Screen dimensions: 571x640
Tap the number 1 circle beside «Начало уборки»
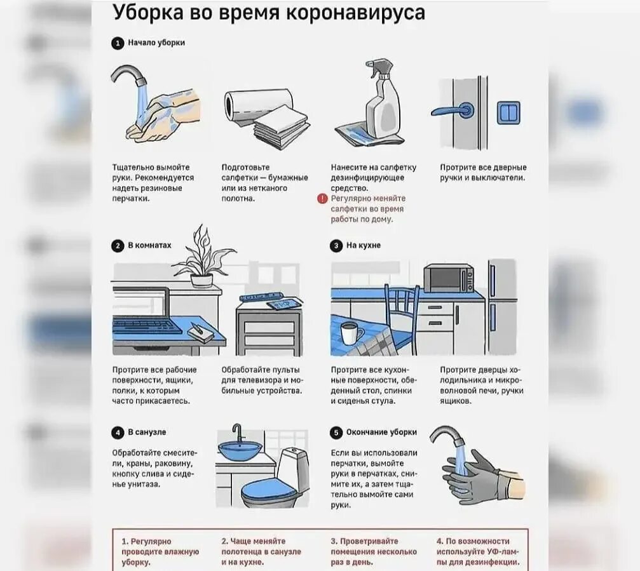pyautogui.click(x=118, y=43)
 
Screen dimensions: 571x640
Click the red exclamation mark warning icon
pyautogui.click(x=322, y=199)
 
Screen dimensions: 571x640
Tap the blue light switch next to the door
pyautogui.click(x=508, y=112)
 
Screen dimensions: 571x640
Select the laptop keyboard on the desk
pyautogui.click(x=147, y=325)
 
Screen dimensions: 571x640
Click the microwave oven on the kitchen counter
pyautogui.click(x=449, y=278)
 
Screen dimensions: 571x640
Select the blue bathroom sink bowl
pyautogui.click(x=240, y=450)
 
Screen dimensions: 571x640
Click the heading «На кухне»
pyautogui.click(x=363, y=246)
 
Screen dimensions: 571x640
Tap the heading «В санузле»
pyautogui.click(x=147, y=432)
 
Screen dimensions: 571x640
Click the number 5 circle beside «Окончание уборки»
pyautogui.click(x=336, y=433)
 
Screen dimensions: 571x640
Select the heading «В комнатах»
pyautogui.click(x=149, y=245)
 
